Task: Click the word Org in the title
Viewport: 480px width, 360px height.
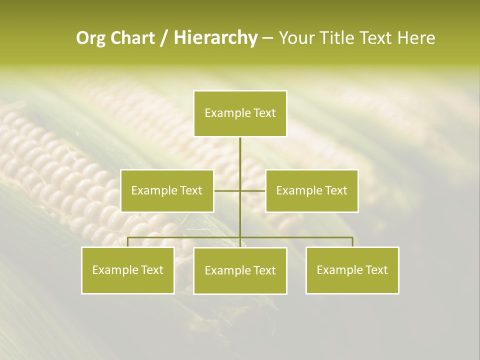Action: click(91, 38)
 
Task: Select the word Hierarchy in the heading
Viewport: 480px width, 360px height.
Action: click(215, 38)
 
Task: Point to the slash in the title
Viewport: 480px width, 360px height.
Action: click(164, 38)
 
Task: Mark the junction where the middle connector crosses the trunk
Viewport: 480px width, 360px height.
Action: click(240, 190)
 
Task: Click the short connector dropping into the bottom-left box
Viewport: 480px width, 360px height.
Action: click(128, 242)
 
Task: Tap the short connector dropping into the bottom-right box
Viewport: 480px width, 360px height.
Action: click(352, 242)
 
